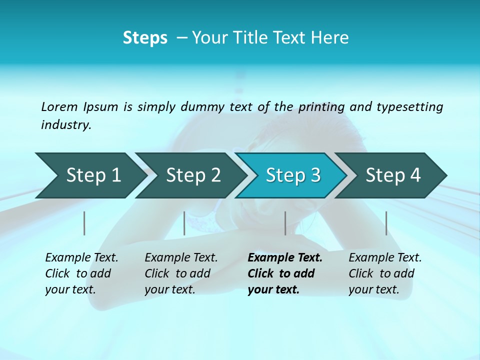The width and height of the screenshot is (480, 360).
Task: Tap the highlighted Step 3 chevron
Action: click(x=293, y=175)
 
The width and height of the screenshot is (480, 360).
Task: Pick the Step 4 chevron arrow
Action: click(x=393, y=175)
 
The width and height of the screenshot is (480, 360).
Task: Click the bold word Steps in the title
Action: click(x=145, y=38)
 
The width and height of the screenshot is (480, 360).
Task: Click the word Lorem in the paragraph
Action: click(x=59, y=107)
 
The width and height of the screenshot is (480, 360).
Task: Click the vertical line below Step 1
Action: click(x=84, y=223)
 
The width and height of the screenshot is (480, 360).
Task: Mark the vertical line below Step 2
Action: click(x=184, y=223)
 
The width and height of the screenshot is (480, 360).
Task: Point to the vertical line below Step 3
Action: click(x=285, y=223)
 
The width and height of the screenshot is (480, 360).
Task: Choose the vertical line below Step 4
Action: click(x=386, y=223)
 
